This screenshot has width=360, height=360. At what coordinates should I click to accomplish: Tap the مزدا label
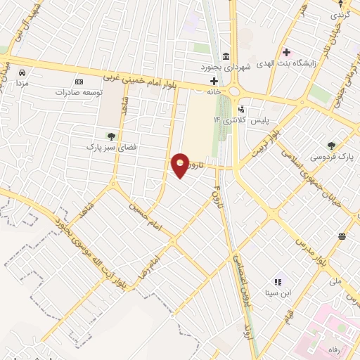[22, 83]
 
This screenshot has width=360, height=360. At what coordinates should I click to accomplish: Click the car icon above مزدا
[22, 72]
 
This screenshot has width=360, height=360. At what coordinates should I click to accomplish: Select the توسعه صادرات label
[78, 92]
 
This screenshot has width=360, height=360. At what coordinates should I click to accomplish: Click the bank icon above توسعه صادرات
[78, 82]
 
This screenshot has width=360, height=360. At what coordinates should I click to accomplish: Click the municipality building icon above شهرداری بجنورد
[226, 56]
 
